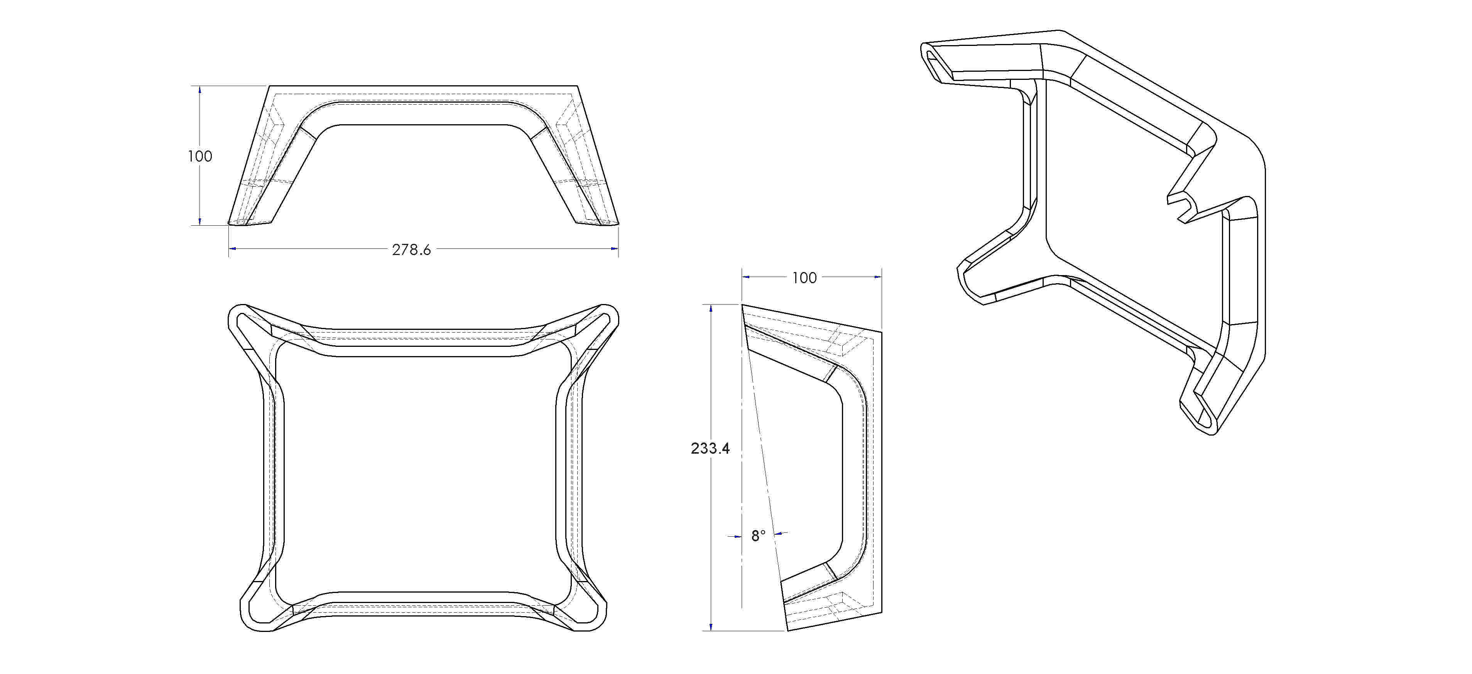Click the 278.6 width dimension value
411,250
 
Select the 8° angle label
758,536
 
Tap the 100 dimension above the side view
804,278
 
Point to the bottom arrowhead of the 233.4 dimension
710,627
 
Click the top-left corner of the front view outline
269,86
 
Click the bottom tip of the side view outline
788,630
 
